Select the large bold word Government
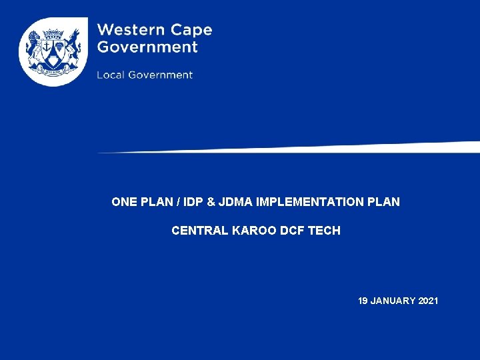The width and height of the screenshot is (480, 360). (147, 47)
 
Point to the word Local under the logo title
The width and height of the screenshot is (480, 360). (111, 75)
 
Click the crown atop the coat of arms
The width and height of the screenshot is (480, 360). (53, 33)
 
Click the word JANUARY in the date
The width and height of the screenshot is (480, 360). (393, 301)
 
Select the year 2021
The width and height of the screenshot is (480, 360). (429, 301)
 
